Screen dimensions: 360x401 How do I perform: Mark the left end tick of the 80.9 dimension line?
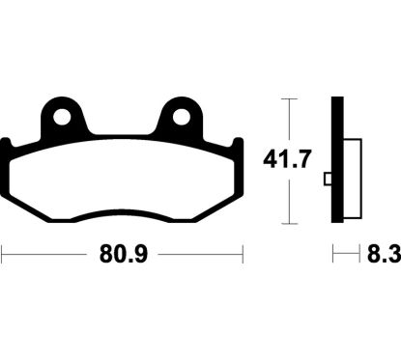pyautogui.click(x=2, y=256)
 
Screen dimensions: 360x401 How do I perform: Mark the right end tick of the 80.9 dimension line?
pyautogui.click(x=240, y=256)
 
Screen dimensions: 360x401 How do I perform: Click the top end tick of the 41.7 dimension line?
pyautogui.click(x=285, y=98)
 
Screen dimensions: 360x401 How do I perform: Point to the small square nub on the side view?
pyautogui.click(x=328, y=177)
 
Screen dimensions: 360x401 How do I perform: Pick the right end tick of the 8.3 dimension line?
pyautogui.click(x=360, y=256)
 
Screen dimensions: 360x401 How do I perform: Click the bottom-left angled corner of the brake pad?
pyautogui.click(x=17, y=206)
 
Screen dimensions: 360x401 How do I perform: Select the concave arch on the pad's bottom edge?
pyautogui.click(x=121, y=211)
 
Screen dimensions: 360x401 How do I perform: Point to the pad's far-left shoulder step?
pyautogui.click(x=7, y=145)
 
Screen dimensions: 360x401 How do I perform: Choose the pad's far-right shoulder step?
pyautogui.click(x=235, y=145)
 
